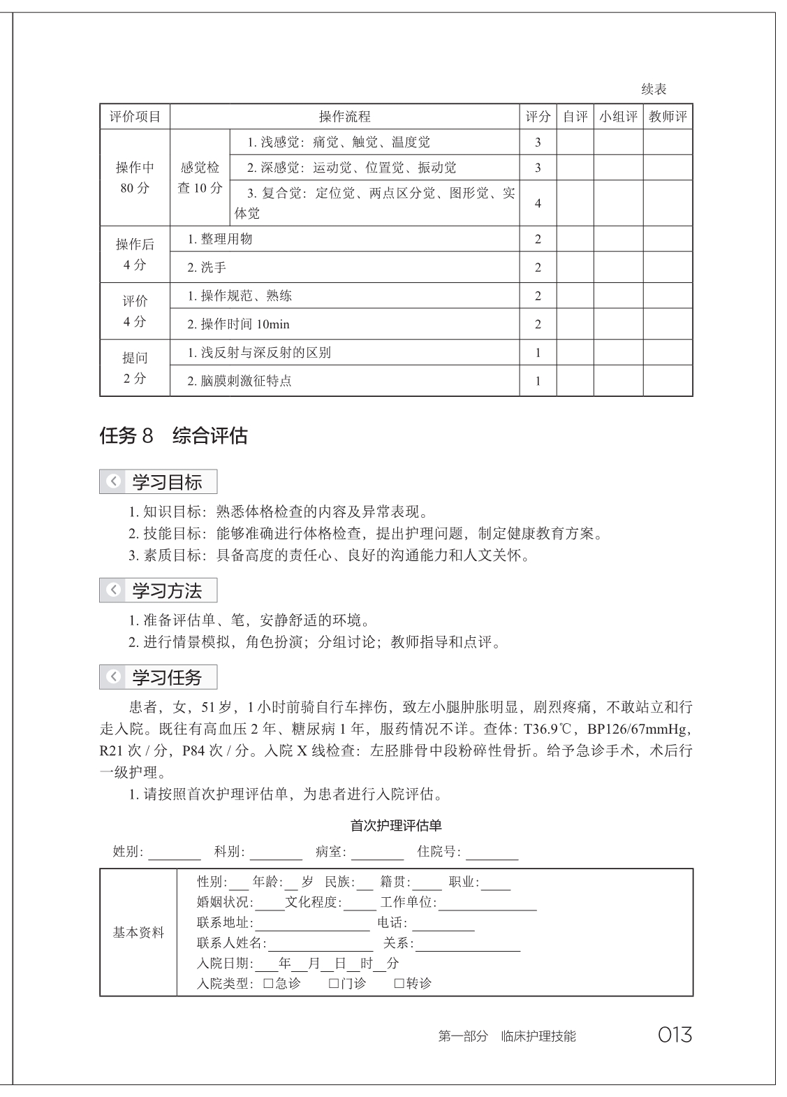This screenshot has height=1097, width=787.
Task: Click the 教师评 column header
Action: tap(668, 117)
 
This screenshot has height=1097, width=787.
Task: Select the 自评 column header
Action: tap(575, 117)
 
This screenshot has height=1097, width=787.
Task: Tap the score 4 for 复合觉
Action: tap(538, 203)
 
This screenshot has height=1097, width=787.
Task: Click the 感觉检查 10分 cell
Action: tap(200, 177)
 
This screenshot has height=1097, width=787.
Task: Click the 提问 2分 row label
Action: tap(135, 368)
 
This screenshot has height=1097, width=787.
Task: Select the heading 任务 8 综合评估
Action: tap(174, 437)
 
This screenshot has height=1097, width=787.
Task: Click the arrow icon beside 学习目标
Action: tap(114, 481)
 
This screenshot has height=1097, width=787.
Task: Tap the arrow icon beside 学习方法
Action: tap(114, 590)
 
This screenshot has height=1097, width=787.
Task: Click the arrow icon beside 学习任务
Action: tap(114, 677)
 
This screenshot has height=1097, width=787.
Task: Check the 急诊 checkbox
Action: tap(267, 984)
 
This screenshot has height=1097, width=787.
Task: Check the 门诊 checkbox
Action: tap(334, 984)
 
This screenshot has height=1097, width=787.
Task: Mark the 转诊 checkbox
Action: tap(399, 984)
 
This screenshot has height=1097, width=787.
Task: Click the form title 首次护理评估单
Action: tap(396, 825)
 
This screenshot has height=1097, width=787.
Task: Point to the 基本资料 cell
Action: tap(138, 933)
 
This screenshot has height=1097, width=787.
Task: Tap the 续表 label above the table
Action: tap(654, 89)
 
